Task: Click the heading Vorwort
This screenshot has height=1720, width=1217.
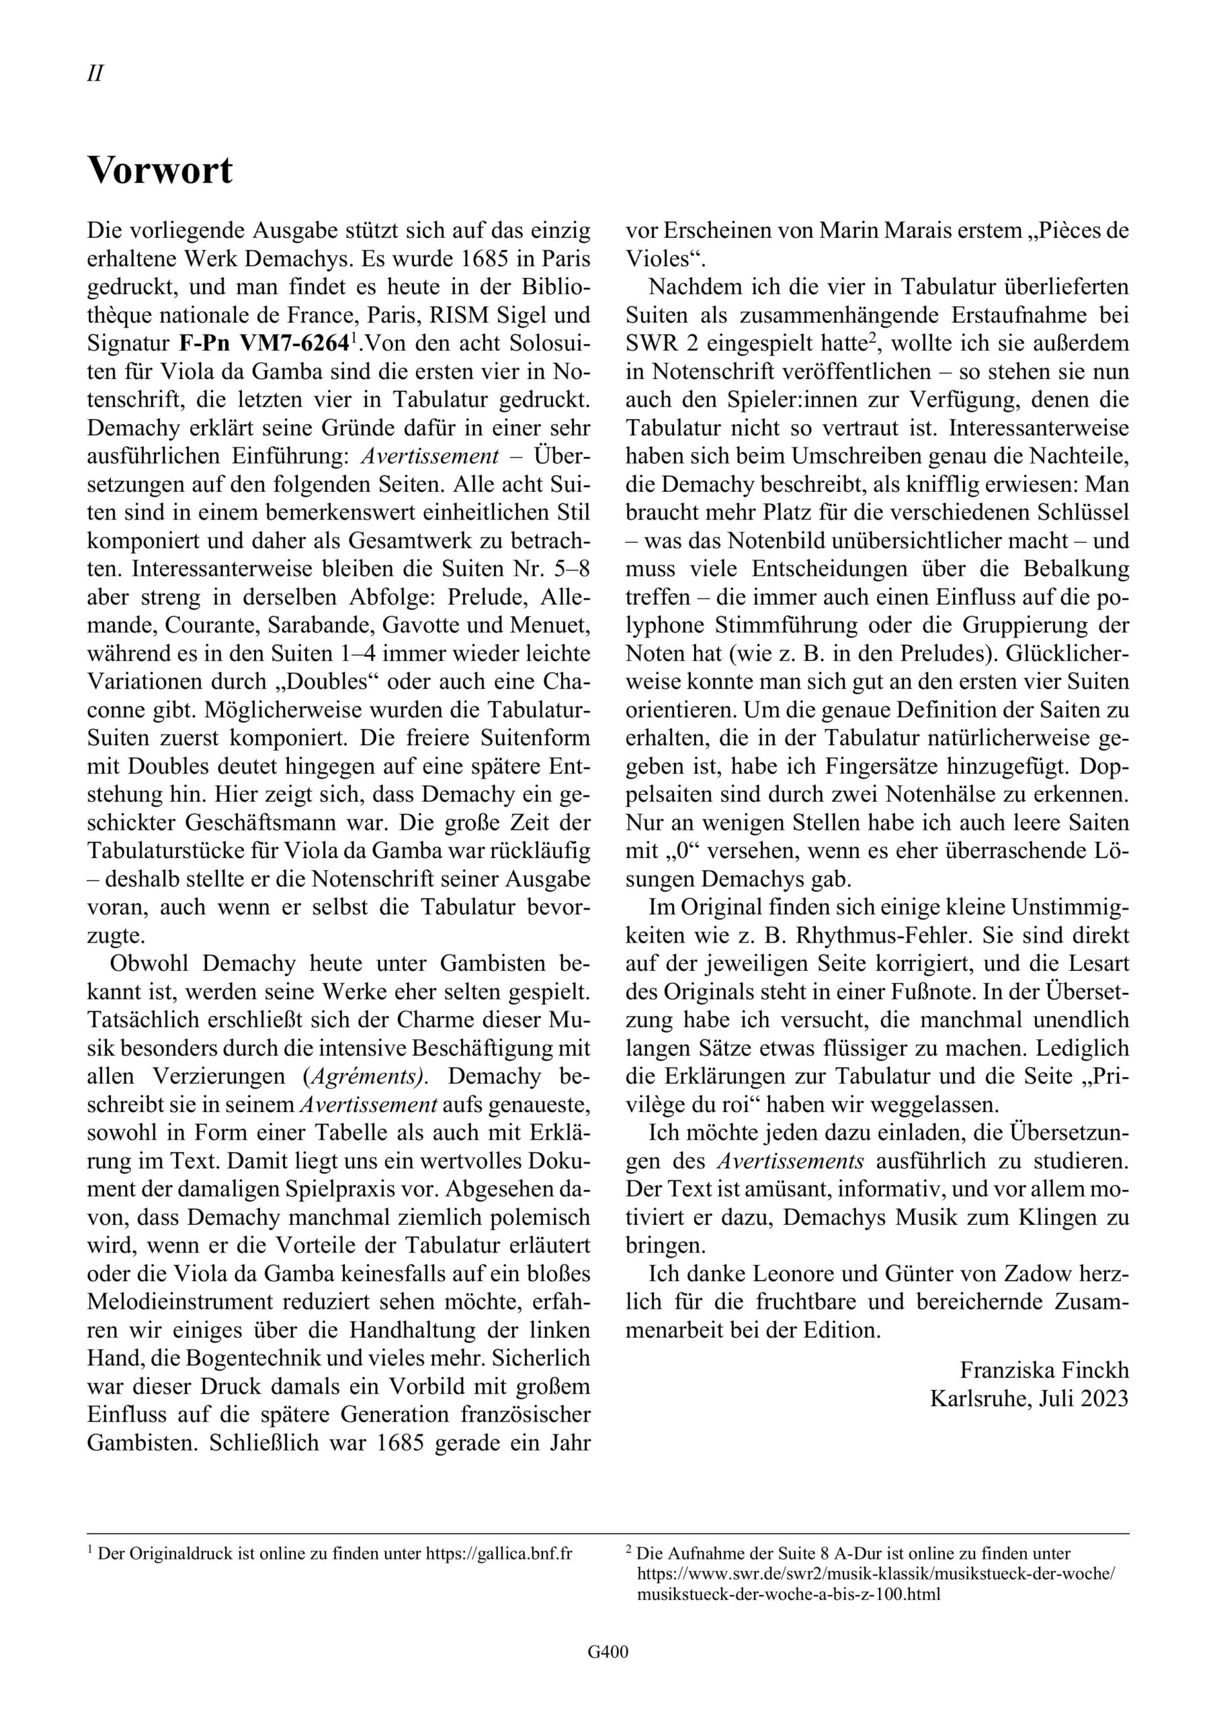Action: point(160,171)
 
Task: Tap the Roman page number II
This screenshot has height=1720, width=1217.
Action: point(95,73)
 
